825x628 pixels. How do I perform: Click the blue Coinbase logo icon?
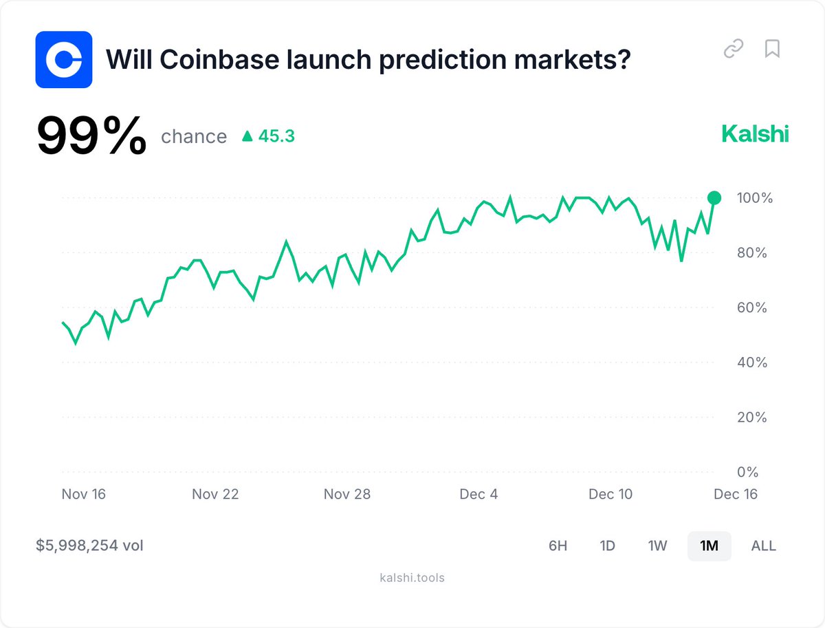pyautogui.click(x=64, y=59)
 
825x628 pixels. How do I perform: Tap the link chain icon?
pyautogui.click(x=734, y=49)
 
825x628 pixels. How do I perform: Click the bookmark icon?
pyautogui.click(x=772, y=49)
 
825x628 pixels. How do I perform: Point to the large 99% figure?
pyautogui.click(x=91, y=135)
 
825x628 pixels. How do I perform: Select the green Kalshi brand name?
pyautogui.click(x=755, y=133)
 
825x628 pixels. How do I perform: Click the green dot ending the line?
pyautogui.click(x=714, y=197)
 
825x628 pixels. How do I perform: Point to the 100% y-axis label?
pyautogui.click(x=754, y=198)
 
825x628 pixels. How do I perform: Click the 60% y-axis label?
pyautogui.click(x=751, y=307)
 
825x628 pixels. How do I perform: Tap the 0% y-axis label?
pyautogui.click(x=747, y=472)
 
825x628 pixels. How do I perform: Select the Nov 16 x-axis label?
pyautogui.click(x=83, y=494)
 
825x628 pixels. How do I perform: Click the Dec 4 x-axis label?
pyautogui.click(x=478, y=494)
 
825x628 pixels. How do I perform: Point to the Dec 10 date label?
pyautogui.click(x=610, y=494)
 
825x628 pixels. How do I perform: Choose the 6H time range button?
pyautogui.click(x=558, y=545)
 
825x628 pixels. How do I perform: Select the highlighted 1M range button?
pyautogui.click(x=709, y=545)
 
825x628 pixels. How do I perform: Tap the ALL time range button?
pyautogui.click(x=763, y=545)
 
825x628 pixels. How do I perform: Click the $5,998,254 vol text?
pyautogui.click(x=89, y=545)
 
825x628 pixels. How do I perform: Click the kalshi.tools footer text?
pyautogui.click(x=412, y=578)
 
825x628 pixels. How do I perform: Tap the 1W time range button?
pyautogui.click(x=657, y=545)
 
